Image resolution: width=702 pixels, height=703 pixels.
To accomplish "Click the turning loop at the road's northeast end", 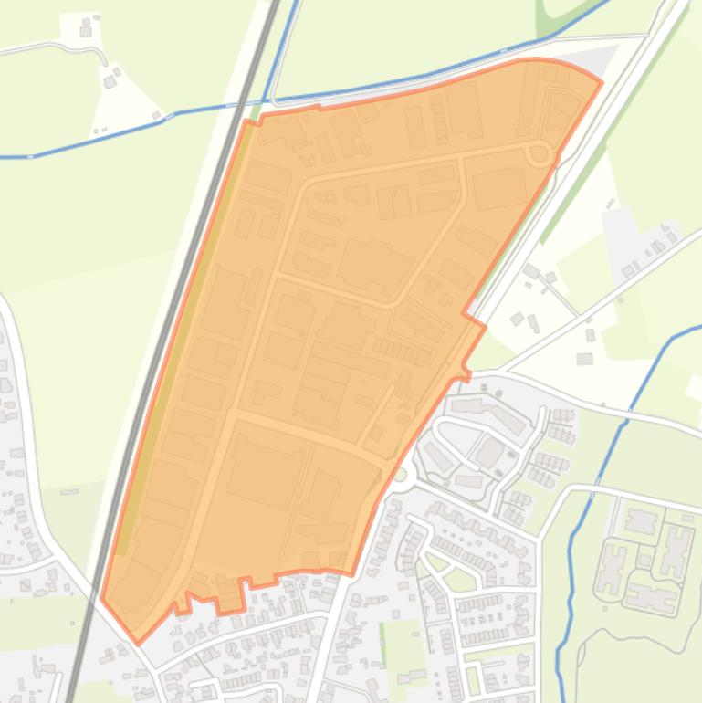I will [x=540, y=154].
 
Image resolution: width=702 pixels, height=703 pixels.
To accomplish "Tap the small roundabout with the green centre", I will [x=399, y=475].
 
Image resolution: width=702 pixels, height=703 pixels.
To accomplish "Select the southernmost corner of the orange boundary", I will [x=138, y=643].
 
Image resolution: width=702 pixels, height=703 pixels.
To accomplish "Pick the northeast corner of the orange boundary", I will [x=601, y=82].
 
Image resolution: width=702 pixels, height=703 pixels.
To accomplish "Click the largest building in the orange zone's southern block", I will [x=266, y=470].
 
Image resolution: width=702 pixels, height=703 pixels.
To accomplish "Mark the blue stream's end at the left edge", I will [x=3, y=157].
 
